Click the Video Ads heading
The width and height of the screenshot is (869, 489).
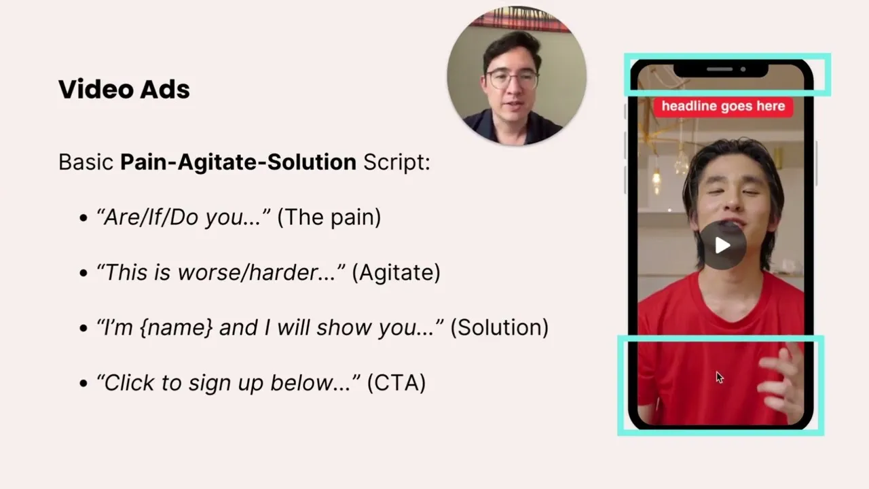(x=124, y=89)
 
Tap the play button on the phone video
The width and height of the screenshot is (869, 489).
(x=722, y=245)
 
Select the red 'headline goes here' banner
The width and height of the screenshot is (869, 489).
(x=724, y=107)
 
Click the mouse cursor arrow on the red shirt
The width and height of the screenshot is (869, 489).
(x=720, y=378)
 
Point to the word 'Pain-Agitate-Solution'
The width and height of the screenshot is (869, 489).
(x=238, y=162)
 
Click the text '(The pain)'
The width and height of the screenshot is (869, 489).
(x=329, y=217)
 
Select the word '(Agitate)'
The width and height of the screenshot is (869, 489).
(x=396, y=272)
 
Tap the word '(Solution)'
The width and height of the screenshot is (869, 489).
(x=499, y=327)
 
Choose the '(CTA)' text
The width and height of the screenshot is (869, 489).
(x=396, y=382)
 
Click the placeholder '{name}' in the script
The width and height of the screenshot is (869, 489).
(x=176, y=327)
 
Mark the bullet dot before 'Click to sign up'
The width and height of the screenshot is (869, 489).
(x=83, y=384)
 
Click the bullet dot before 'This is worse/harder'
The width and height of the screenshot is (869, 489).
(x=83, y=273)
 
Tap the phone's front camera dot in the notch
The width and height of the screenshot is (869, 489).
(x=743, y=69)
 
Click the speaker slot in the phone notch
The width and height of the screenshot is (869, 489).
(x=720, y=69)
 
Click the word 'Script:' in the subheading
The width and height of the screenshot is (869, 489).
(x=397, y=162)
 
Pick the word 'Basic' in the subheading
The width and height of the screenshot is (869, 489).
(x=86, y=162)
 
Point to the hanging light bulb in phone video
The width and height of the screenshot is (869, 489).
(x=656, y=181)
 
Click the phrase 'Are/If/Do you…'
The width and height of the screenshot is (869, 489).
(x=183, y=217)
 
